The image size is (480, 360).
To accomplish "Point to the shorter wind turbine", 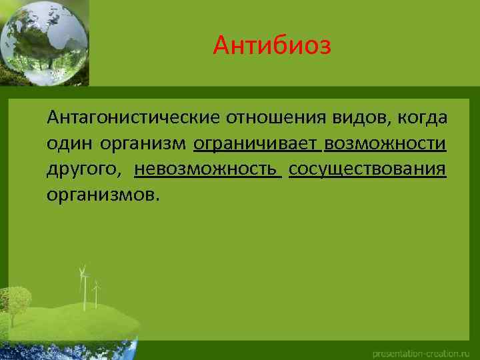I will (x=97, y=293).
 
